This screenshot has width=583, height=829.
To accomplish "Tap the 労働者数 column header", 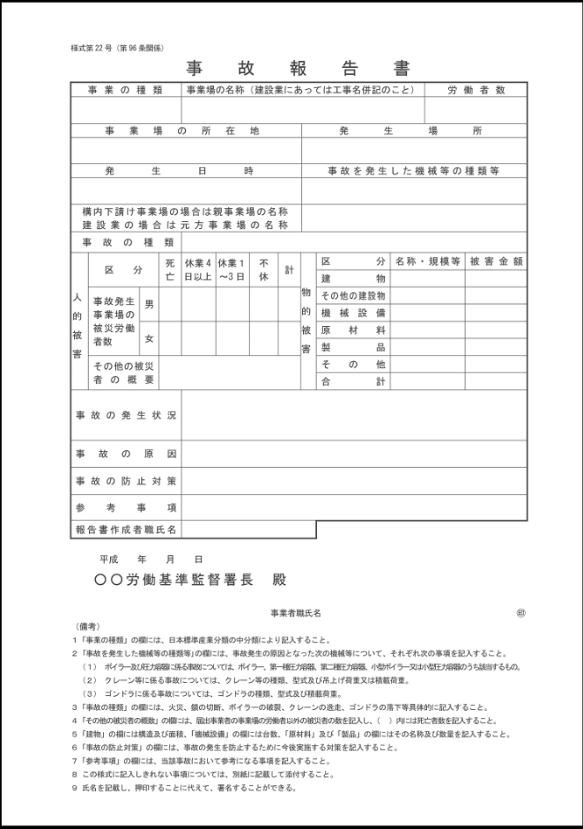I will [x=476, y=90].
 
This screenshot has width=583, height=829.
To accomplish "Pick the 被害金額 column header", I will [x=497, y=262].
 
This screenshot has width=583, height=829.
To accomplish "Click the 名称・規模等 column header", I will [x=428, y=262].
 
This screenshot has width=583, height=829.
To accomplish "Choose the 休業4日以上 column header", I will [x=197, y=269].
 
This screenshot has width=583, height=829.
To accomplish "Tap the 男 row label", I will [x=149, y=304].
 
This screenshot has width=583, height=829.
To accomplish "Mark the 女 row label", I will [x=149, y=338].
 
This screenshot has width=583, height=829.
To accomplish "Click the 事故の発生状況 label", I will [x=126, y=415].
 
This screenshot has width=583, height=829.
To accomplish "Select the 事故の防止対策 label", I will [x=126, y=481].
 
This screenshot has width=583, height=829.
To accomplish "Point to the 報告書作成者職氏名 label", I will [x=126, y=529].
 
